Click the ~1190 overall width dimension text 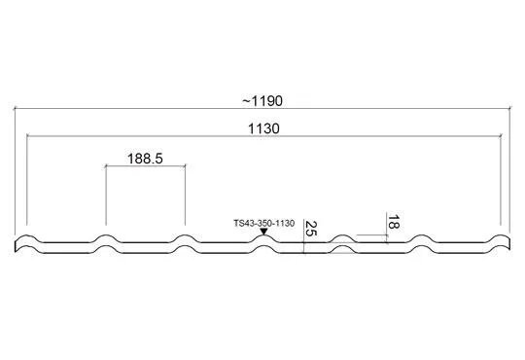pos(262,100)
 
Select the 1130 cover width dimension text pos(263,128)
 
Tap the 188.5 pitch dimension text pos(145,159)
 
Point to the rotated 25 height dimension pos(311,229)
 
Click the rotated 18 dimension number pos(394,222)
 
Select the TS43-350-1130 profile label pos(264,223)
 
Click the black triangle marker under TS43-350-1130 pos(263,232)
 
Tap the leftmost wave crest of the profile pos(27,235)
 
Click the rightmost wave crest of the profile pos(501,235)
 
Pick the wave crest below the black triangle pos(264,235)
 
